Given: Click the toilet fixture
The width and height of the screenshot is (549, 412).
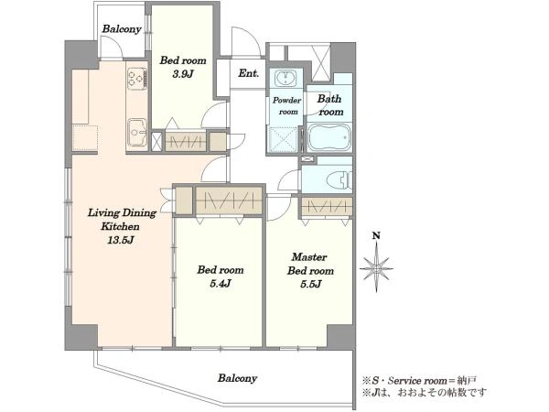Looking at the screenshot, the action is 339,180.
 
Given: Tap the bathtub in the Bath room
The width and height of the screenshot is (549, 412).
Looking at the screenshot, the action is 329,137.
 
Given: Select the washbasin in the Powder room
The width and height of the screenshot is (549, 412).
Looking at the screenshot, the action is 285,78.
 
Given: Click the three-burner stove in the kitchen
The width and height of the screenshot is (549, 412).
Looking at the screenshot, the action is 137,78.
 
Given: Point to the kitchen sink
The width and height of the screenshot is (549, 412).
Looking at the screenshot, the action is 137,133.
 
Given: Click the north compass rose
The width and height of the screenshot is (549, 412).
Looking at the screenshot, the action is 376,268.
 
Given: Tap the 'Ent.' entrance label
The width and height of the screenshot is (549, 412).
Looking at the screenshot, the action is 249,73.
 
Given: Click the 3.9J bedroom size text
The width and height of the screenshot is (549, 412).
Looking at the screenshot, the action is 183,74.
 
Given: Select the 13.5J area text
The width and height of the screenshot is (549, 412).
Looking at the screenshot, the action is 121,240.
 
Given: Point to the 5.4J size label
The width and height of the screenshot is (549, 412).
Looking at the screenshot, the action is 220,283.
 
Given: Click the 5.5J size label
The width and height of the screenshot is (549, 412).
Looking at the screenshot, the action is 310,284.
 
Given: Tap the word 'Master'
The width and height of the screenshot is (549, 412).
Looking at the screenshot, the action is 309,257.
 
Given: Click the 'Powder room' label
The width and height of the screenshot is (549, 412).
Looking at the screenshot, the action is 287,106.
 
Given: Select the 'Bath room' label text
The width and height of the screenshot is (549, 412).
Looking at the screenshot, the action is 330,105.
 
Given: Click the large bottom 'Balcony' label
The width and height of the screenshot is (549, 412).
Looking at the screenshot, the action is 237,378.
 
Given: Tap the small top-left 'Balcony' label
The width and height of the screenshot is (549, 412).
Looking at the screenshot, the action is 122,28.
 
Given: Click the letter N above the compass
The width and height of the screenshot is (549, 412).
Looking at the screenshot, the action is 376,236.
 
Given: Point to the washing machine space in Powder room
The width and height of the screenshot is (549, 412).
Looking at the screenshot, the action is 284,139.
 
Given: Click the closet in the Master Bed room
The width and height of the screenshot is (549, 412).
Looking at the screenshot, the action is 327,207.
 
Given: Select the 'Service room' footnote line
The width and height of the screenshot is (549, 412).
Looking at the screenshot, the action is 419,381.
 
